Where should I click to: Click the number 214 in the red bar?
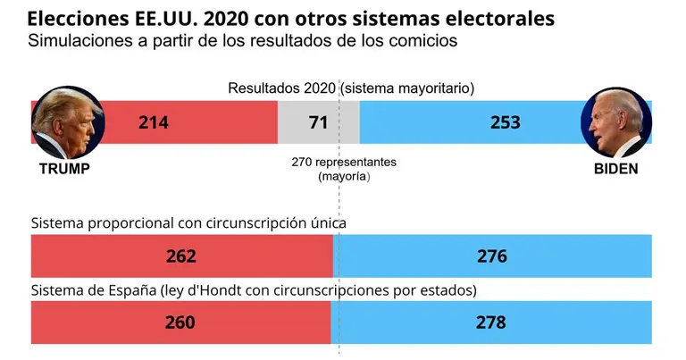[153, 122]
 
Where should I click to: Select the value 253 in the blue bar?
[506, 122]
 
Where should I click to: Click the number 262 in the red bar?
[180, 256]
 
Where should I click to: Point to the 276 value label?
[491, 256]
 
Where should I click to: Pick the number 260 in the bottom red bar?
[180, 322]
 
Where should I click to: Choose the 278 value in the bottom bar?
[490, 322]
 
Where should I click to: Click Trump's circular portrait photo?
[67, 122]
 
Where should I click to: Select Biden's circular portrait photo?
[615, 122]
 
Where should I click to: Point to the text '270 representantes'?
[344, 163]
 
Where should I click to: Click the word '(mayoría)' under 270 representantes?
[344, 177]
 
